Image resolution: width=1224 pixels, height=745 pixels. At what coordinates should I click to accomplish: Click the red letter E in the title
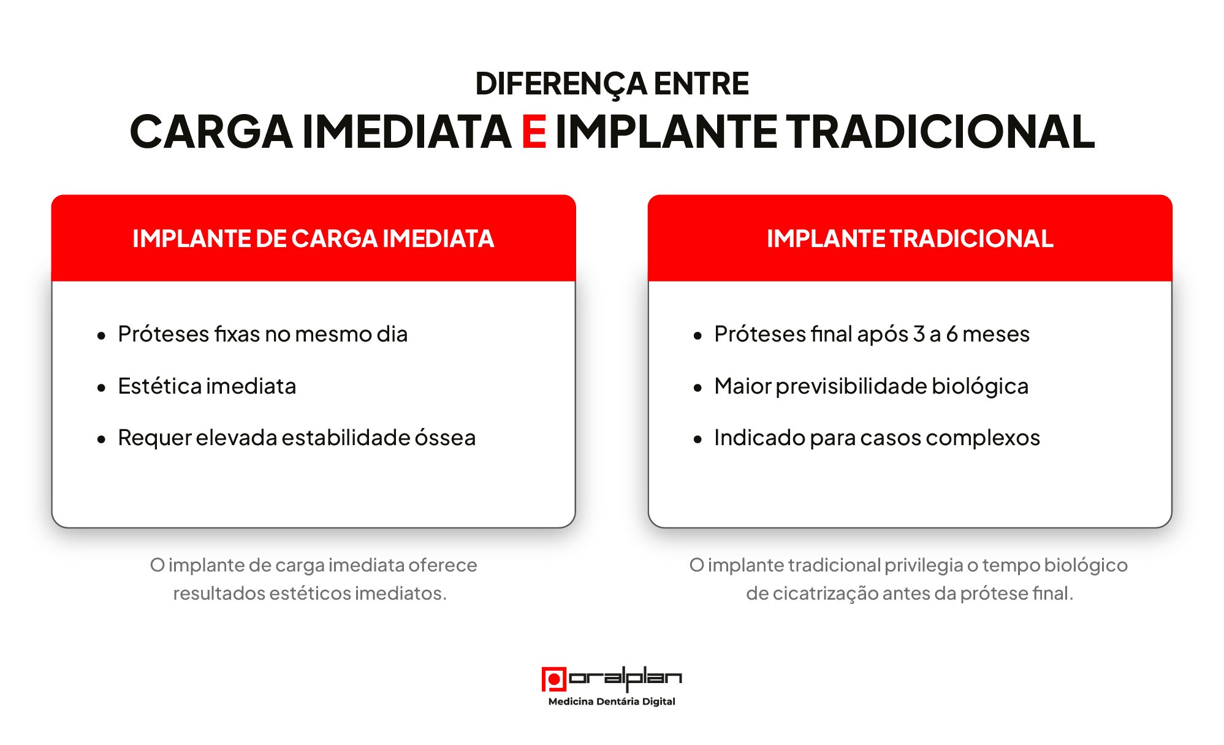point(534,132)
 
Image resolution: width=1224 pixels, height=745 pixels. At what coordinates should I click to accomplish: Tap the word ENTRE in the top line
point(701,83)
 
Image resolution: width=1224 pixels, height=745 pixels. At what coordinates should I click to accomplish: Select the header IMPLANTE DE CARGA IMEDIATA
point(313,239)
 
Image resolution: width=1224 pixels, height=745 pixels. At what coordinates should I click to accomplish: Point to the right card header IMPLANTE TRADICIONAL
point(910,239)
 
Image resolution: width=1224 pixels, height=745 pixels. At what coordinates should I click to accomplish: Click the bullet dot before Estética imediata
point(101,388)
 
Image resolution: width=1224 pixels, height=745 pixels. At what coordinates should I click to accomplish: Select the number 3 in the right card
point(919,334)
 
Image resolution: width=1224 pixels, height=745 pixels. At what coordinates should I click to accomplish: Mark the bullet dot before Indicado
point(698,439)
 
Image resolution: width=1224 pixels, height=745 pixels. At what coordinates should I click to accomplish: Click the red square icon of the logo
point(553,679)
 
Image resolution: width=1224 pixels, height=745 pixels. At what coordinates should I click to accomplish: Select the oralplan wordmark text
point(625,678)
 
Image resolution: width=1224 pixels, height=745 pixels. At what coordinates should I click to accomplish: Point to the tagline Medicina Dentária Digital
point(612,701)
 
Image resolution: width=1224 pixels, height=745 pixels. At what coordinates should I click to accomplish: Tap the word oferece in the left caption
point(443,565)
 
